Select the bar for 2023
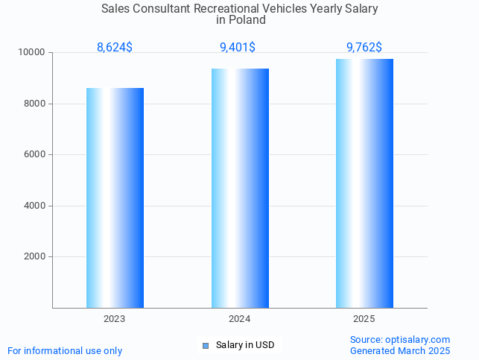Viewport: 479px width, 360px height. click(115, 198)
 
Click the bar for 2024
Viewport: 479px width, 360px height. click(240, 188)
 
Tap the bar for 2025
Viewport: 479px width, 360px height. click(364, 183)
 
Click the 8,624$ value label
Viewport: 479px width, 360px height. click(115, 48)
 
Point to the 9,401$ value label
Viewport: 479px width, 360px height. click(238, 48)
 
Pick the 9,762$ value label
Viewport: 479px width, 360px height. click(364, 48)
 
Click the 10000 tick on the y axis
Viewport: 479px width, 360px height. click(32, 53)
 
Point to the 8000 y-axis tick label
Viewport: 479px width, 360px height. click(34, 104)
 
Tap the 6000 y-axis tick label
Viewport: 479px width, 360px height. click(34, 155)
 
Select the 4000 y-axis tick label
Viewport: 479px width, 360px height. click(34, 206)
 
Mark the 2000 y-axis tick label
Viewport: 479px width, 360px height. click(34, 257)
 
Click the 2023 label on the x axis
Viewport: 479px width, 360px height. click(115, 319)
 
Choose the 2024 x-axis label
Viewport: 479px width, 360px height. click(240, 319)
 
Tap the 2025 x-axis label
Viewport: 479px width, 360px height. click(364, 319)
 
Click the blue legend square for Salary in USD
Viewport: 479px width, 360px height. click(206, 346)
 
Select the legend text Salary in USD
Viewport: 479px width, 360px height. click(245, 345)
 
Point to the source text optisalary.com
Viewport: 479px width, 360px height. click(417, 340)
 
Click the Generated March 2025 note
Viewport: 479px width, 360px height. click(400, 350)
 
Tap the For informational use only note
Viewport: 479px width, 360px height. click(65, 350)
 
